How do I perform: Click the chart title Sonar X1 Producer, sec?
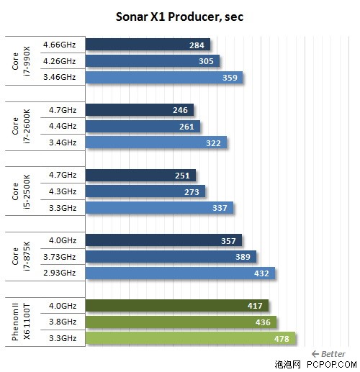[x=179, y=17]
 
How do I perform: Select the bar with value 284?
[x=148, y=45]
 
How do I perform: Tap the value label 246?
[x=180, y=110]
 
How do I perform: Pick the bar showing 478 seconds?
[x=191, y=338]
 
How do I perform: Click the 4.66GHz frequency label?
[x=60, y=45]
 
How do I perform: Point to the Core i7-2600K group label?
[x=21, y=127]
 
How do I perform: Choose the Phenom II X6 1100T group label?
[x=21, y=322]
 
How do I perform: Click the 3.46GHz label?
[x=60, y=77]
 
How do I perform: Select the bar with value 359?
[x=164, y=78]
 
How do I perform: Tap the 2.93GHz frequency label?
[x=60, y=273]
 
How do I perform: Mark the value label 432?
[x=261, y=273]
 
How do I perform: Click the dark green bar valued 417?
[x=177, y=306]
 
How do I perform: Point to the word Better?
[x=333, y=354]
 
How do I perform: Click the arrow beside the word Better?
[x=315, y=354]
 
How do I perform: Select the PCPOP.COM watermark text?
[x=332, y=365]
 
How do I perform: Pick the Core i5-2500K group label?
[x=21, y=191]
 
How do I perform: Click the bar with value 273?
[x=145, y=191]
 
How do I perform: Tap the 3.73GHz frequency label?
[x=60, y=257]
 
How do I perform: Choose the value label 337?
[x=220, y=208]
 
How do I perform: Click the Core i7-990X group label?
[x=21, y=61]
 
